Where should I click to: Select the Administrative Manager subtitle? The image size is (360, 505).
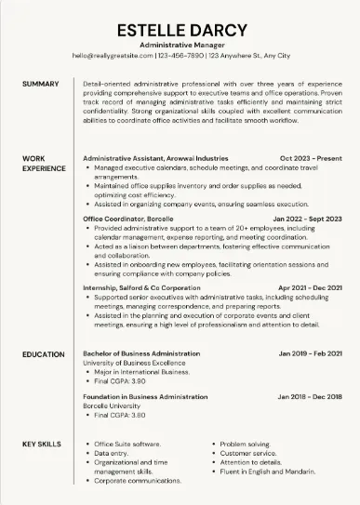180,45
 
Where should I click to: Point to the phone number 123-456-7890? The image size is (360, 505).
180,56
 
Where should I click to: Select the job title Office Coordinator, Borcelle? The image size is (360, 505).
127,219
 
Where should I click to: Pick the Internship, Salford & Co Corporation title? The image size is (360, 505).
141,288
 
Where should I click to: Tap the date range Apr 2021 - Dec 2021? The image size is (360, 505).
310,288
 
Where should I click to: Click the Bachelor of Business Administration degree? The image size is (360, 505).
140,355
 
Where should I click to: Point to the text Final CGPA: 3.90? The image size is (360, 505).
119,380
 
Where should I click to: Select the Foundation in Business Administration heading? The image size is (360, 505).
145,396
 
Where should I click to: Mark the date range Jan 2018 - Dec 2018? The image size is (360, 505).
310,396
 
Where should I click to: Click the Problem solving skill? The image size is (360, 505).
246,445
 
